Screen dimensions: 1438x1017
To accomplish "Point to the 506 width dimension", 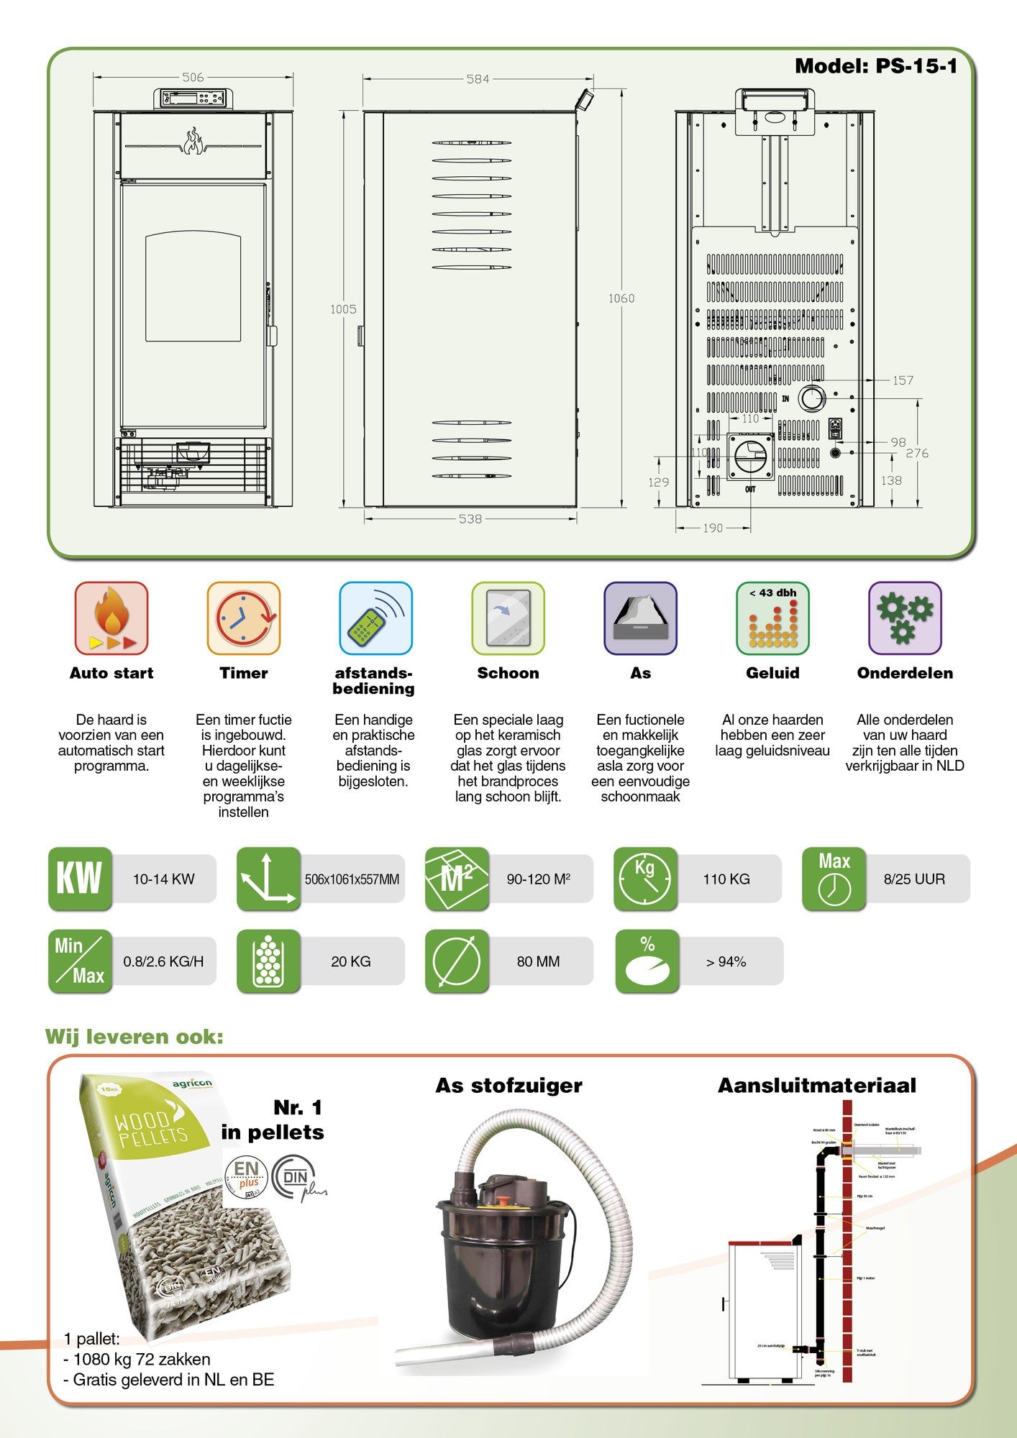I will [193, 77].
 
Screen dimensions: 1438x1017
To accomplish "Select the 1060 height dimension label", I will [621, 298].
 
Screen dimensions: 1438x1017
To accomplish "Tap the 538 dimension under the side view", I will [470, 518].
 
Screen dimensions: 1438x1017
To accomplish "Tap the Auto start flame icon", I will [111, 618].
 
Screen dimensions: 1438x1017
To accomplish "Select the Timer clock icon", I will [244, 618].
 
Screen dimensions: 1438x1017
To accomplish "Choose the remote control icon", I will [375, 618].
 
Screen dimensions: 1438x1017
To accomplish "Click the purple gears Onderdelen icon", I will [905, 618].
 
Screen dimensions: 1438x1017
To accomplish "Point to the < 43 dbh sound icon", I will [772, 618].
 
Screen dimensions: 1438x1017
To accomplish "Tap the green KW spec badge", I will [80, 879].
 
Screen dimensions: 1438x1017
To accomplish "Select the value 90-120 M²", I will [539, 879].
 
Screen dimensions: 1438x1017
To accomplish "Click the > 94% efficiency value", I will [726, 961].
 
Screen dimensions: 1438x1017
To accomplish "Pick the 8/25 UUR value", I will [914, 879].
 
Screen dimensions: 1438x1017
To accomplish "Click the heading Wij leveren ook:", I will [134, 1037].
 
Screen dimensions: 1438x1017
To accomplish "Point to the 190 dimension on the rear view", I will [713, 528].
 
